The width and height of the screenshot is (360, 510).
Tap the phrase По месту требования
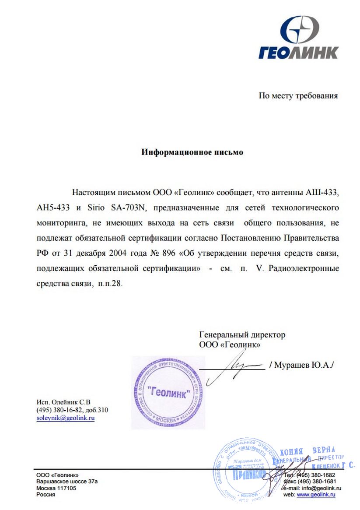tap(298, 95)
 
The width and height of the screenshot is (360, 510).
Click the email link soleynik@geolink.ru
tap(66, 418)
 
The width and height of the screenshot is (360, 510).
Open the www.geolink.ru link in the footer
tap(316, 494)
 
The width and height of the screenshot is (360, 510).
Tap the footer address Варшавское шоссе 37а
tap(67, 481)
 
